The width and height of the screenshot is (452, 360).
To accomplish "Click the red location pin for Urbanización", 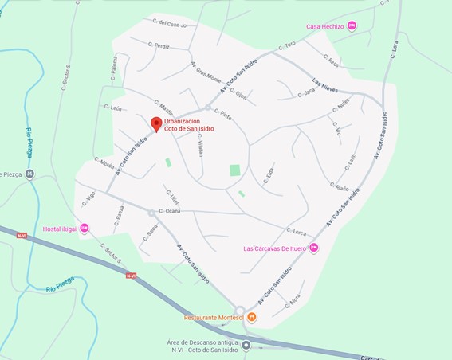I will tap(156, 124).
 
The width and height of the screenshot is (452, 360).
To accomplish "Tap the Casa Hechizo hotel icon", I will tap(352, 26).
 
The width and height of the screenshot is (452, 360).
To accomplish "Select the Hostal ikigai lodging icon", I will tap(85, 229).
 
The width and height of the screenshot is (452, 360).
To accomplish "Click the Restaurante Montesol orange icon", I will tap(251, 317).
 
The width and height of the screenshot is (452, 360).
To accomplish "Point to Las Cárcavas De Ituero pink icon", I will tap(313, 248).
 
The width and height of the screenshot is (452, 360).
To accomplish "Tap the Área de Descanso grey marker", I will tap(246, 345).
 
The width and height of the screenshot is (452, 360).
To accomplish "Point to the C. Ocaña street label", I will tap(169, 211).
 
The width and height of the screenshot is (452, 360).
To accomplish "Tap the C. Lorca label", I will tap(296, 232).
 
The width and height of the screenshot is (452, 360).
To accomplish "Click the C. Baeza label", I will tap(118, 214).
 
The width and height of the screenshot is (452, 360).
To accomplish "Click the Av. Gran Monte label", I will tap(206, 72).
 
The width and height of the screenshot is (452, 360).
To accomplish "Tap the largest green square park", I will tap(234, 170).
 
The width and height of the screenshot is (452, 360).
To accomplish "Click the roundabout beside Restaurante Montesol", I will tap(238, 311).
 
